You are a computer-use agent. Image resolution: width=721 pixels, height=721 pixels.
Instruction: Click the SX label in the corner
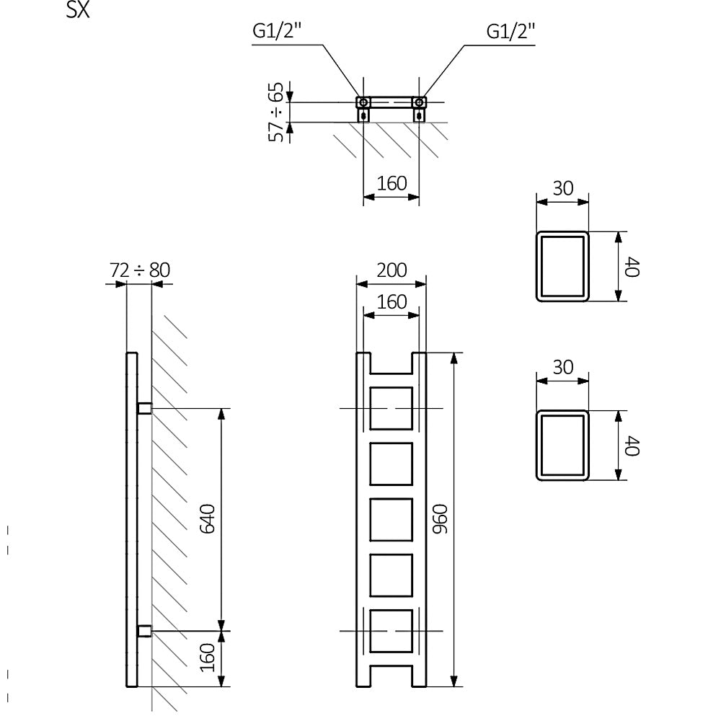click(78, 9)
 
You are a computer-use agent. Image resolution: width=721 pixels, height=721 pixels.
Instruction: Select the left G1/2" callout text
click(277, 31)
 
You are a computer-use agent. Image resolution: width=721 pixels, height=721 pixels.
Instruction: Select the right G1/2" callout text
click(511, 31)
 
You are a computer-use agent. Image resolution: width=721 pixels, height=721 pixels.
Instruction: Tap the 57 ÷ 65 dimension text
click(276, 112)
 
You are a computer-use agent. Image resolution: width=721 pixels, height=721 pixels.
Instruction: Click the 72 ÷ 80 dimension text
click(140, 270)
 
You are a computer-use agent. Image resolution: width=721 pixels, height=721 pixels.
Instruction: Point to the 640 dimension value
click(208, 519)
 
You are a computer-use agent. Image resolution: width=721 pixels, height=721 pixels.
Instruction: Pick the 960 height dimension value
click(440, 519)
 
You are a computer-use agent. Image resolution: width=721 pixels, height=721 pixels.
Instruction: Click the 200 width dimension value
click(392, 270)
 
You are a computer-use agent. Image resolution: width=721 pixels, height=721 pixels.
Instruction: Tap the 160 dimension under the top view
click(392, 183)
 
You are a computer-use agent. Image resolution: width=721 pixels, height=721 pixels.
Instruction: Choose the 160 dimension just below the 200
click(392, 301)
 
